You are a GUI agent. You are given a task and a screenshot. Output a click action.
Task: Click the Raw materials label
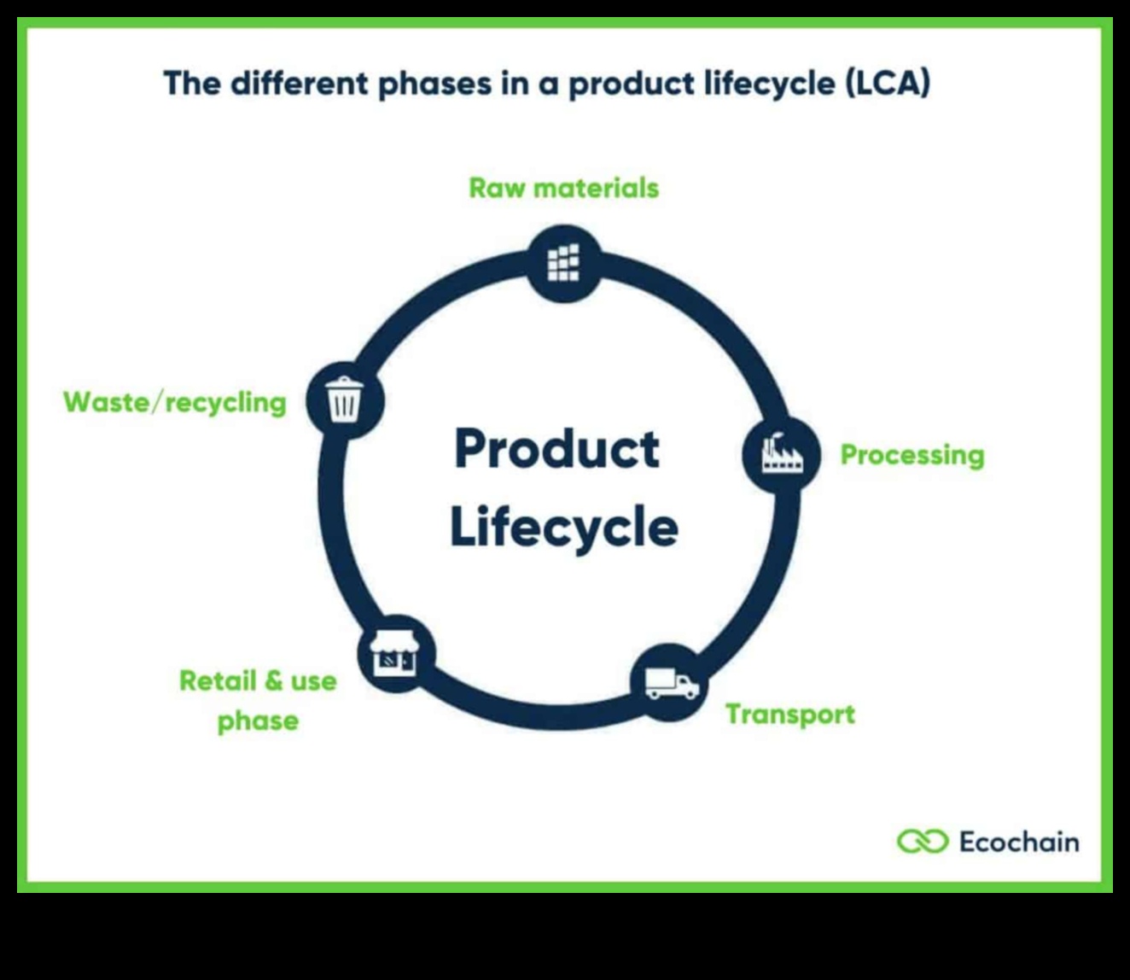pyautogui.click(x=563, y=188)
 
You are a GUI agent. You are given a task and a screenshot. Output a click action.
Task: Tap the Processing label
pyautogui.click(x=912, y=455)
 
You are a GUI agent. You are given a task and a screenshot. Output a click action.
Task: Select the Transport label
pyautogui.click(x=789, y=714)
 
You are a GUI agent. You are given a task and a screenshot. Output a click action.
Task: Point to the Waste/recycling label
pyautogui.click(x=175, y=402)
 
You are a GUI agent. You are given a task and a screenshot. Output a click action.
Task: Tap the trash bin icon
pyautogui.click(x=345, y=400)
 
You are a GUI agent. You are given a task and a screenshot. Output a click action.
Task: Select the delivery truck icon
pyautogui.click(x=671, y=683)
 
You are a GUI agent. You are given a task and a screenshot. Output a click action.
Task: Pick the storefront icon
pyautogui.click(x=394, y=655)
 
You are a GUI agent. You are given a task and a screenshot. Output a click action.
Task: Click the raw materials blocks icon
pyautogui.click(x=563, y=262)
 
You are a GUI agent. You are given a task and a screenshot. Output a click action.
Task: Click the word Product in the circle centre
pyautogui.click(x=556, y=449)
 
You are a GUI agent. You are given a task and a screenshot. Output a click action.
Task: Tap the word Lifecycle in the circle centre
pyautogui.click(x=563, y=527)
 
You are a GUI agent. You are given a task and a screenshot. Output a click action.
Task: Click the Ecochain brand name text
pyautogui.click(x=1018, y=842)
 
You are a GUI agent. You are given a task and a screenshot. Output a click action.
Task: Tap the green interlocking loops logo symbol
pyautogui.click(x=922, y=842)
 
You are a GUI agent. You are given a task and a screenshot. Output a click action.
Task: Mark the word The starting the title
pyautogui.click(x=192, y=84)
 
